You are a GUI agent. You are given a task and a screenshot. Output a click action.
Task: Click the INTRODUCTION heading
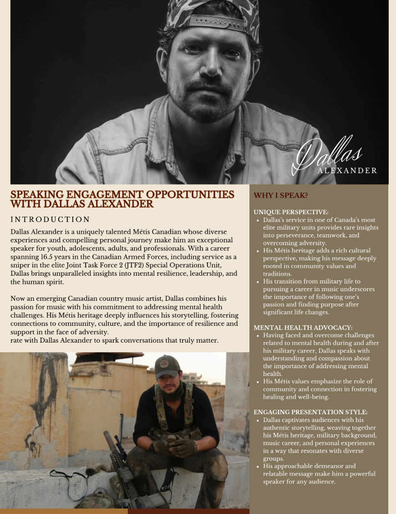pyautogui.click(x=50, y=220)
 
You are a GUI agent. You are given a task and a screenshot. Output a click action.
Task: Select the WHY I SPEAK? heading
pyautogui.click(x=281, y=195)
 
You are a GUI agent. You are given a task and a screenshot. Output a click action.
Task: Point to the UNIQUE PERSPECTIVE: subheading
pyautogui.click(x=291, y=212)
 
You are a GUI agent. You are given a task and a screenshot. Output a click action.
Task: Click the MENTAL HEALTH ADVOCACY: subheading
pyautogui.click(x=303, y=328)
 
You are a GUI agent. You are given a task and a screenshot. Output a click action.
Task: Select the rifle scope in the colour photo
pyautogui.click(x=120, y=441)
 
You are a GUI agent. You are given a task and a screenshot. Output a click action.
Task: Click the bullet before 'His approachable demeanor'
pyautogui.click(x=258, y=466)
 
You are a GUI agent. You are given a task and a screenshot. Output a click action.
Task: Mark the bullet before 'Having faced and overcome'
pyautogui.click(x=258, y=335)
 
